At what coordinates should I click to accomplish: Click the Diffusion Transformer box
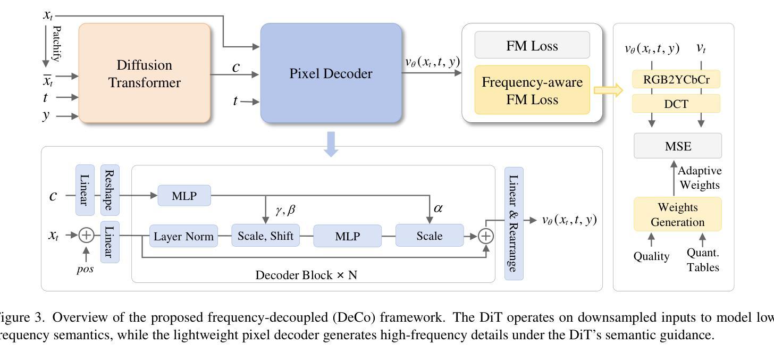145,73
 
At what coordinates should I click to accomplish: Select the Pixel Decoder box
331,73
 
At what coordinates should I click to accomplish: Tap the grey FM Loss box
532,45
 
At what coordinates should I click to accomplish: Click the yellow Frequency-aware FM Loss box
532,90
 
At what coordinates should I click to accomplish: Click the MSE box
678,146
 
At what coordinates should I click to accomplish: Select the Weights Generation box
677,214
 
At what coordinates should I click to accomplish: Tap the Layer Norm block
183,236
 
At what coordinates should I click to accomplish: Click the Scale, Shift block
265,236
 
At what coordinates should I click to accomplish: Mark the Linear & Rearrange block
514,223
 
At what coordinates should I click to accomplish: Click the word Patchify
57,44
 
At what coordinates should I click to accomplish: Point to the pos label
85,269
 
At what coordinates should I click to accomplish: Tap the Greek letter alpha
438,208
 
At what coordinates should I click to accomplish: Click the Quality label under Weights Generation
651,256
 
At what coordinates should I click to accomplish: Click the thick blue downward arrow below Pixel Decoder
331,144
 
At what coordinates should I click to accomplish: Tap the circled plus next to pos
86,236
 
